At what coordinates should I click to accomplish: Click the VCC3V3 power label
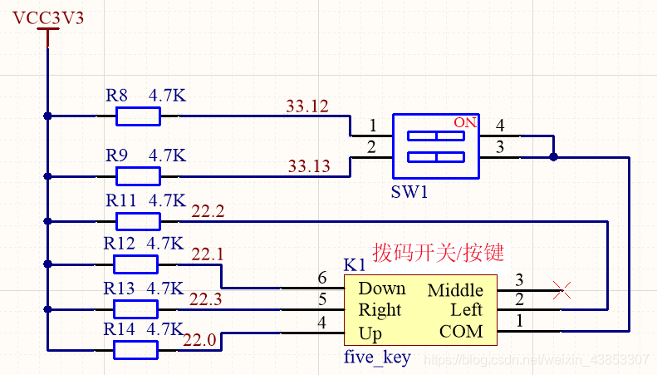[x=48, y=18]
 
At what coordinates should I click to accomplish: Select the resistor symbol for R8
[x=138, y=116]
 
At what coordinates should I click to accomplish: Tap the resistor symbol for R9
[x=138, y=175]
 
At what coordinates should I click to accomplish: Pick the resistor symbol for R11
[x=138, y=220]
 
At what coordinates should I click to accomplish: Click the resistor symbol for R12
[x=135, y=264]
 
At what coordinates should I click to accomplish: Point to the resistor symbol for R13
[x=135, y=308]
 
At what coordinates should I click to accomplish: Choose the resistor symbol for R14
[x=135, y=350]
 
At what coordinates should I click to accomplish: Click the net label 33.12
[x=306, y=106]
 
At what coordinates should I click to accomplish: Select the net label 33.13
[x=308, y=165]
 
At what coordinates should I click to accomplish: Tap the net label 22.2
[x=208, y=211]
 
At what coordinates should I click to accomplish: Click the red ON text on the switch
[x=465, y=122]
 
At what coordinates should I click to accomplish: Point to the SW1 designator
[x=409, y=192]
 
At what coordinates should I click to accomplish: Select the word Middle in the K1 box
[x=455, y=290]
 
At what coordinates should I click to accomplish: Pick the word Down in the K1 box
[x=382, y=289]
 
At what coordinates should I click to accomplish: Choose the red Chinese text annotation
[x=439, y=252]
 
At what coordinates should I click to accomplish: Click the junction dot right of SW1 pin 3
[x=554, y=155]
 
